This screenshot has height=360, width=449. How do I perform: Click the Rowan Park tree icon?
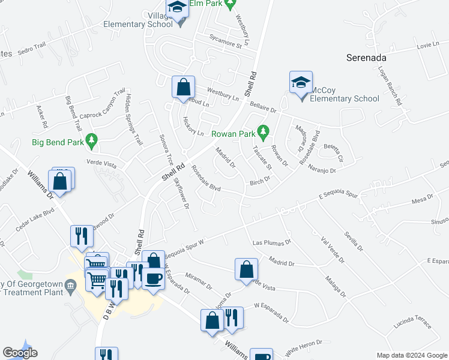tap(262, 130)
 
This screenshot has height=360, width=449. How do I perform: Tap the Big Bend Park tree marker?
tap(91, 142)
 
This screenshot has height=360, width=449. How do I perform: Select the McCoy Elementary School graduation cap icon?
tap(301, 83)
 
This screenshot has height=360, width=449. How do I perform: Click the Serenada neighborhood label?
tap(366, 58)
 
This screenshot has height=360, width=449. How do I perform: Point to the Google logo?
tap(20, 353)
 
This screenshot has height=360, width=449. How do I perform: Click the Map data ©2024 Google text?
tap(412, 355)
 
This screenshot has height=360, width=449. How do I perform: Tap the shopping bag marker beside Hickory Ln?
tap(182, 87)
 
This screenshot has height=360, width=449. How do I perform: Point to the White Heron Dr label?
tap(304, 346)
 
